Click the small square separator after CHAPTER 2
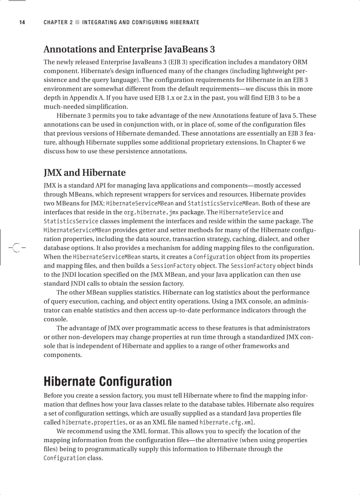coord(78,22)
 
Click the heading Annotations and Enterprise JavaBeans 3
coord(129,49)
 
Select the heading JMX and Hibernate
coord(84,172)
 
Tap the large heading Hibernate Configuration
coord(108,381)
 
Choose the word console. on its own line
coord(56,319)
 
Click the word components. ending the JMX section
coord(63,355)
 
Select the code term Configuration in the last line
coord(64,458)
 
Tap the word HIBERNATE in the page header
coord(182,22)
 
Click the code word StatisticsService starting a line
coord(64,221)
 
